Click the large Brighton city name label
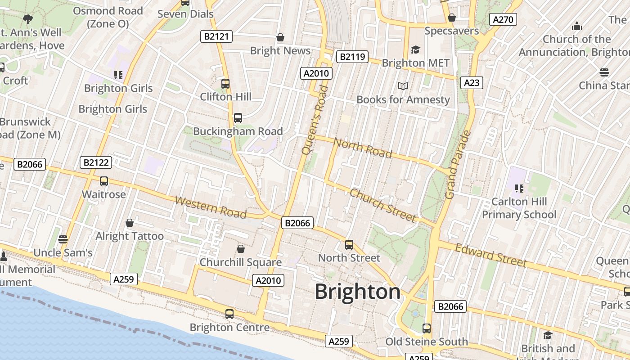tap(357, 292)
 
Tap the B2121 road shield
tap(216, 36)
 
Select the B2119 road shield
tap(352, 57)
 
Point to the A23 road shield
tap(471, 82)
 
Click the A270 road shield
tap(502, 19)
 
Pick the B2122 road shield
tap(95, 162)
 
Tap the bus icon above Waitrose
tap(104, 181)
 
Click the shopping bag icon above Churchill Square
tap(241, 249)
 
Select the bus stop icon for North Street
tap(349, 245)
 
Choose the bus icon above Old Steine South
tap(427, 328)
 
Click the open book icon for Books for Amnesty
tap(403, 86)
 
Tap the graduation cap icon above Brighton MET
tap(415, 49)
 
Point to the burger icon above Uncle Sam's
tap(63, 239)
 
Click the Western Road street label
tap(211, 207)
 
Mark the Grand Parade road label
tap(458, 165)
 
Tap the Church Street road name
tap(383, 205)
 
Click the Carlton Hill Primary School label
tap(519, 208)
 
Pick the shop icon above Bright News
tap(280, 37)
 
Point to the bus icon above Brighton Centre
tap(229, 314)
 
